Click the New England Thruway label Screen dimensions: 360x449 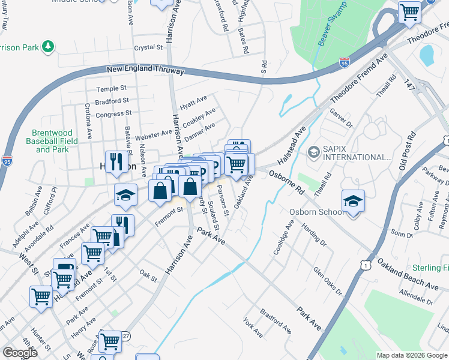point(145,70)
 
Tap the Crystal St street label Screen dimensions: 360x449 point(148,47)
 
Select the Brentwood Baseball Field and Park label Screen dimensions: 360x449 point(53,141)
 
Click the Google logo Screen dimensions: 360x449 point(20,353)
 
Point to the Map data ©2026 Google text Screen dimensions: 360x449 point(412,355)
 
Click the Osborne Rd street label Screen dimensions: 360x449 point(288,180)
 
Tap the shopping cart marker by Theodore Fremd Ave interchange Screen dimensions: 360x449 point(409,11)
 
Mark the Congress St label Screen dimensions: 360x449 point(113,113)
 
